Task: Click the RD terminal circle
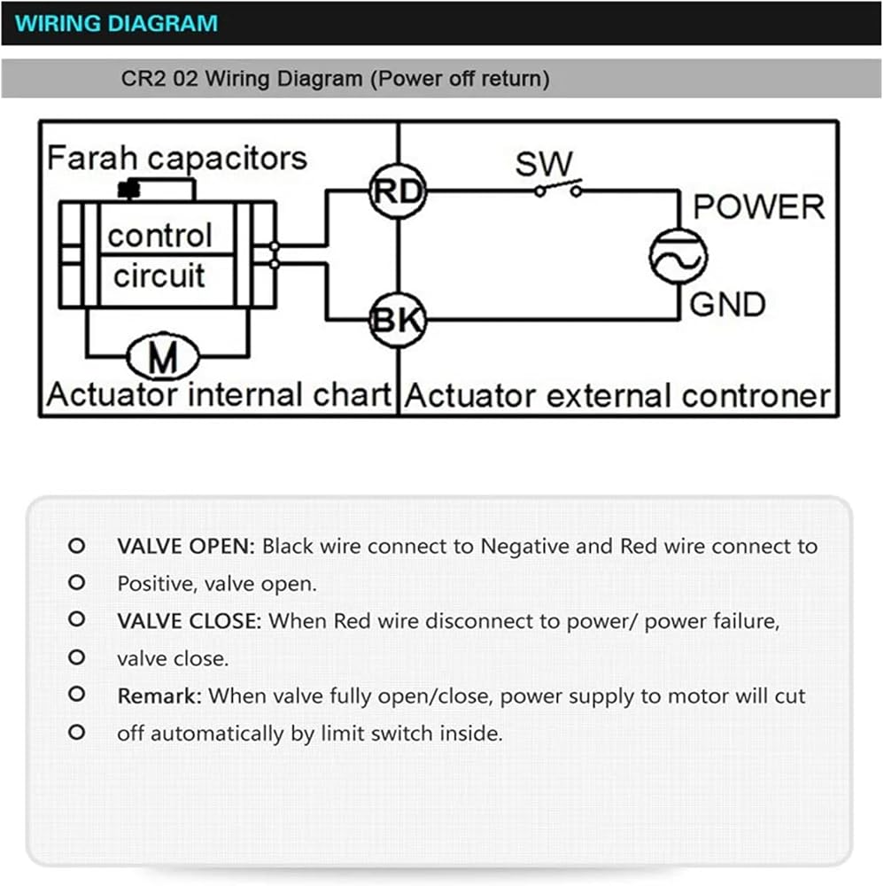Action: [399, 191]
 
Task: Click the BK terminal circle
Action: [398, 320]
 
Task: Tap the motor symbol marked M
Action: [163, 356]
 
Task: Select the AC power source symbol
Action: [678, 257]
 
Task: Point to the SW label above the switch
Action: [544, 164]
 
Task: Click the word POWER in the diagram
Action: [758, 206]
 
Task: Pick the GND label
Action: [727, 305]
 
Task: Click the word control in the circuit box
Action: [159, 235]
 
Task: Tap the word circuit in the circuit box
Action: [159, 276]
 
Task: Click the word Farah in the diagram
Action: [91, 158]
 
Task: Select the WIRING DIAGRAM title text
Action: [116, 23]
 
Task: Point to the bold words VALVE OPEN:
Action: [186, 547]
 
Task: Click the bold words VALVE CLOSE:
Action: [190, 621]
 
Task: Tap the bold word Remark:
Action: [159, 696]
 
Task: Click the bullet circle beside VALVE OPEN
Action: [76, 546]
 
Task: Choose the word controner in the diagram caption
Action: [756, 396]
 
